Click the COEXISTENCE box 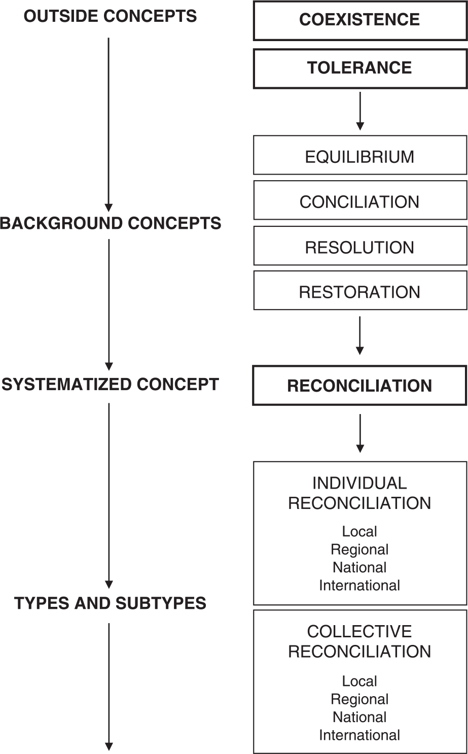coord(359,20)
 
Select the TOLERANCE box coord(359,68)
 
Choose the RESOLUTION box coord(359,247)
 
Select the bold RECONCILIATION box coord(359,386)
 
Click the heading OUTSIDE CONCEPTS coord(110,16)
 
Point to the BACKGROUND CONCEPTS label coord(110,223)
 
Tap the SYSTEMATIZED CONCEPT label coord(110,384)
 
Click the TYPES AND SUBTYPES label coord(110,603)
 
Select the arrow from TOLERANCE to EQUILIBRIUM coord(359,111)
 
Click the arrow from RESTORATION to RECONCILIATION coord(359,335)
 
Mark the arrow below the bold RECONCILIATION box coord(359,433)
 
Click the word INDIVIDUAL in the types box coord(359,483)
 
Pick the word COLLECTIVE coord(359,631)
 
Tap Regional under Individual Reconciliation coord(359,550)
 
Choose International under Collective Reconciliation coord(359,735)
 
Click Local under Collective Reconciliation coord(359,681)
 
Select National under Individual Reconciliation coord(359,567)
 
